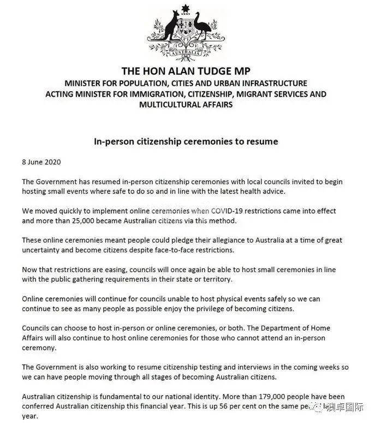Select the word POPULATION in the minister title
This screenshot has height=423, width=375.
coord(140,83)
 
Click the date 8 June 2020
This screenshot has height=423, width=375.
coord(41,162)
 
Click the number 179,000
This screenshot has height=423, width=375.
coord(255,396)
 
